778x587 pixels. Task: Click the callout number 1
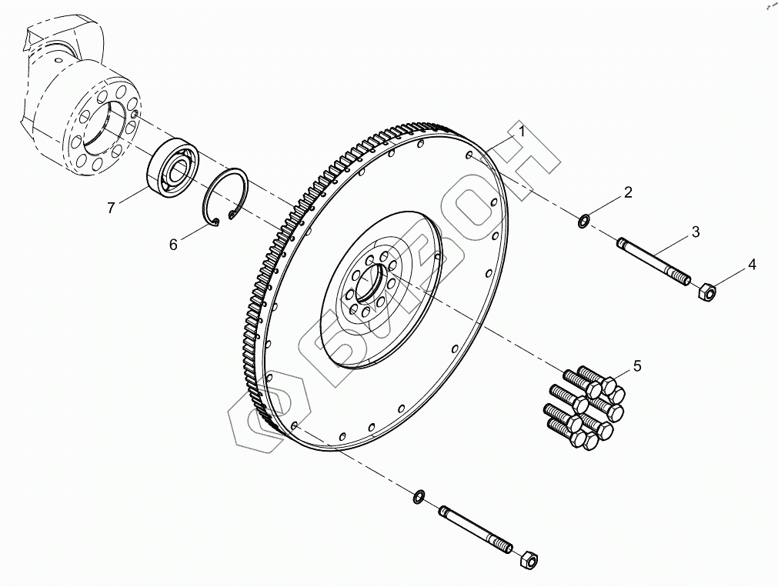click(x=521, y=132)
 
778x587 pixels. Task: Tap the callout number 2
click(x=628, y=192)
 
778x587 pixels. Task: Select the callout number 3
click(x=695, y=231)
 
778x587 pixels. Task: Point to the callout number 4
click(x=752, y=265)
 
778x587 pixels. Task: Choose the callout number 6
click(x=173, y=244)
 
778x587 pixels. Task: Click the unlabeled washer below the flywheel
click(x=419, y=495)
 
